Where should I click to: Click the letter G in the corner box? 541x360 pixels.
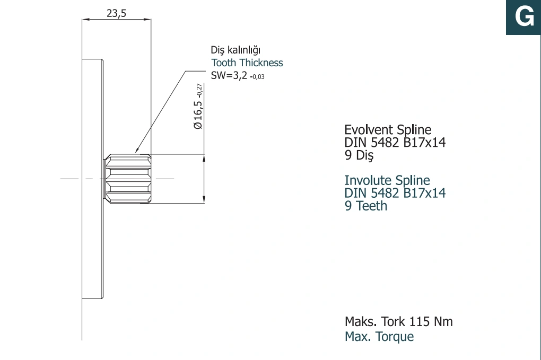pos(524,16)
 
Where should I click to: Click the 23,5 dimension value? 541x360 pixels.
pos(116,13)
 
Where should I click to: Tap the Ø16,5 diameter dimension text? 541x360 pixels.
pos(198,106)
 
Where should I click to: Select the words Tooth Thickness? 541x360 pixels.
pos(247,63)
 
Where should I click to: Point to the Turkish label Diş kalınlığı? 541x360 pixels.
pos(235,50)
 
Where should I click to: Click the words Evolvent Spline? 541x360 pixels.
pos(388,130)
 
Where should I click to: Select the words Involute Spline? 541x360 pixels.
pos(387,180)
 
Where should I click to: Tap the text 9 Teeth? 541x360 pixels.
pos(366,206)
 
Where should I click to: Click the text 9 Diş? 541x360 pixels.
pos(359,155)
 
